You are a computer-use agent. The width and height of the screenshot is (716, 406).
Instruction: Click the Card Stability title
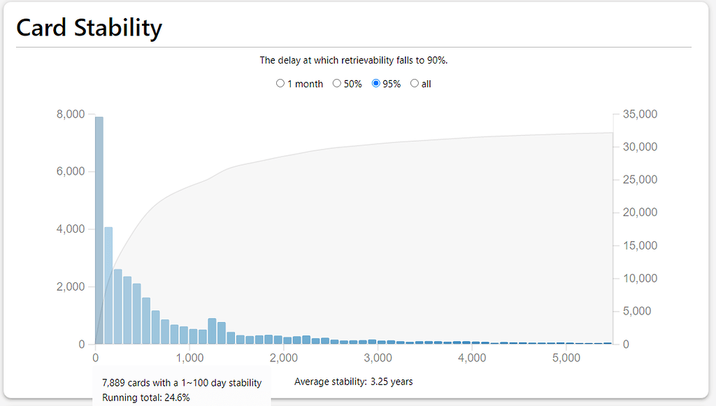pos(89,28)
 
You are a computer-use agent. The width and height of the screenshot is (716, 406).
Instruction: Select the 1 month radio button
pos(280,83)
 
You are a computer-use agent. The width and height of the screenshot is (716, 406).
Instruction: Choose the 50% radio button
pos(336,83)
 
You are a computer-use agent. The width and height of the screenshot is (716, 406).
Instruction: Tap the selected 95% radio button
pos(376,83)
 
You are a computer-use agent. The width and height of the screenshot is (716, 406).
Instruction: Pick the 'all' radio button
pos(415,83)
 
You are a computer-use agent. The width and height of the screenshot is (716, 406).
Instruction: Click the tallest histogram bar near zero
pos(99,231)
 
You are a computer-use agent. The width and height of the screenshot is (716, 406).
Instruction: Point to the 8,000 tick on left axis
pos(70,114)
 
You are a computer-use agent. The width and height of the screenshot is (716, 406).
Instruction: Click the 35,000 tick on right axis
pos(638,114)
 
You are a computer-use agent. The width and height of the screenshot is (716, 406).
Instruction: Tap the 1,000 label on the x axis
pos(189,358)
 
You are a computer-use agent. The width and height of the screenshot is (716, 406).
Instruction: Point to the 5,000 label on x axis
pos(567,358)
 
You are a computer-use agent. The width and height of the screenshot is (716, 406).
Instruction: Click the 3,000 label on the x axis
pos(378,358)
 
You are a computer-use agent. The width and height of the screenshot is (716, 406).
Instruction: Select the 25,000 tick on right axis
pos(638,180)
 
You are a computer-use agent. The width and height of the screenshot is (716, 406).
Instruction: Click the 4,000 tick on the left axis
pos(70,229)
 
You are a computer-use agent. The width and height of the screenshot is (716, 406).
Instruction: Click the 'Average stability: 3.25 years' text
pos(353,382)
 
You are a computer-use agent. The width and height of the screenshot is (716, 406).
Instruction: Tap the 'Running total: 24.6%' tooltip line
pos(145,398)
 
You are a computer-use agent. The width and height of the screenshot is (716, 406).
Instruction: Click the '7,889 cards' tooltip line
pos(181,382)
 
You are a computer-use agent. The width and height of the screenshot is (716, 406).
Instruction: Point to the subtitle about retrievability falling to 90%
pos(353,60)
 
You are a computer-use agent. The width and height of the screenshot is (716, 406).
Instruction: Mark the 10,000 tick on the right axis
pos(638,278)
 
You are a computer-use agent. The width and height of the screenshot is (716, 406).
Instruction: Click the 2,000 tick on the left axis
pos(70,287)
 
